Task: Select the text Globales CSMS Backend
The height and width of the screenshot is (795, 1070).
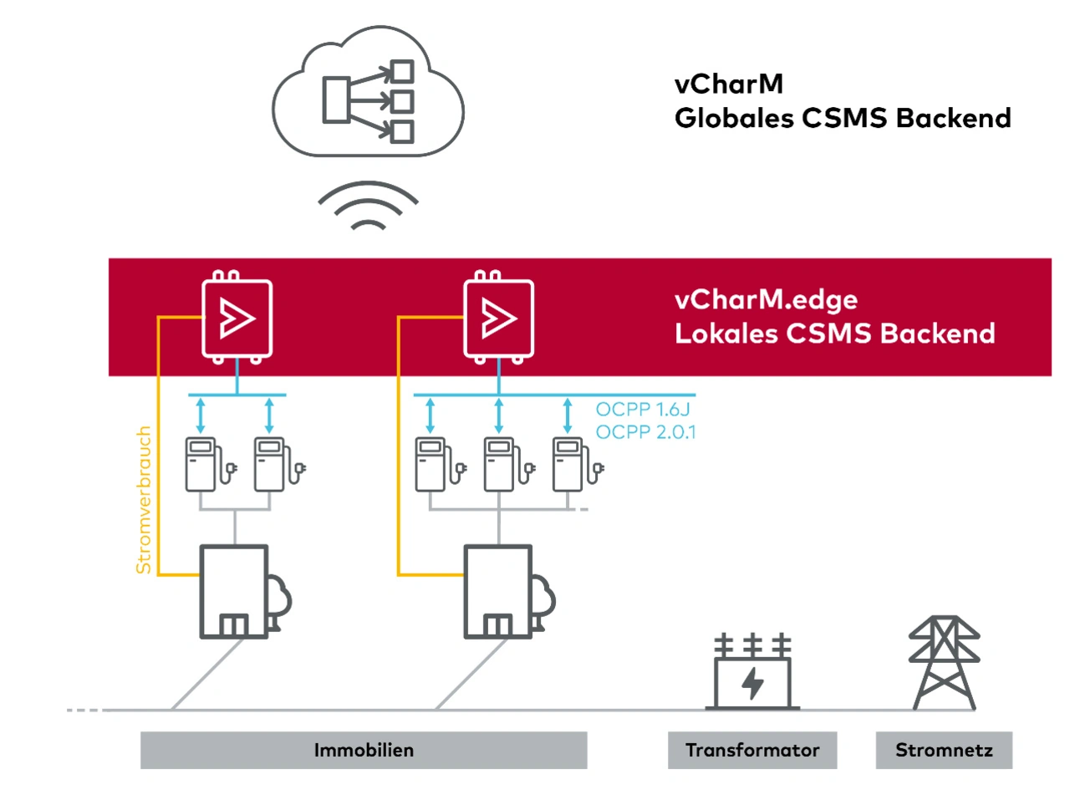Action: (x=843, y=118)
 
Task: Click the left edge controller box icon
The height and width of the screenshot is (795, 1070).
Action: (x=237, y=319)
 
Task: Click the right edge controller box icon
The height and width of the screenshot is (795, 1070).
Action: (x=498, y=319)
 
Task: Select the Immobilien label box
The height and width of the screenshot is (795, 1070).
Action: (x=364, y=750)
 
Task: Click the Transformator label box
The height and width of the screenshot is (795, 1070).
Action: (x=752, y=750)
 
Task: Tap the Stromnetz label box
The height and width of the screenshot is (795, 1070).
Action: (x=944, y=750)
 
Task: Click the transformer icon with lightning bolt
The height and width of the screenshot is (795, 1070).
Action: (x=752, y=676)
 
